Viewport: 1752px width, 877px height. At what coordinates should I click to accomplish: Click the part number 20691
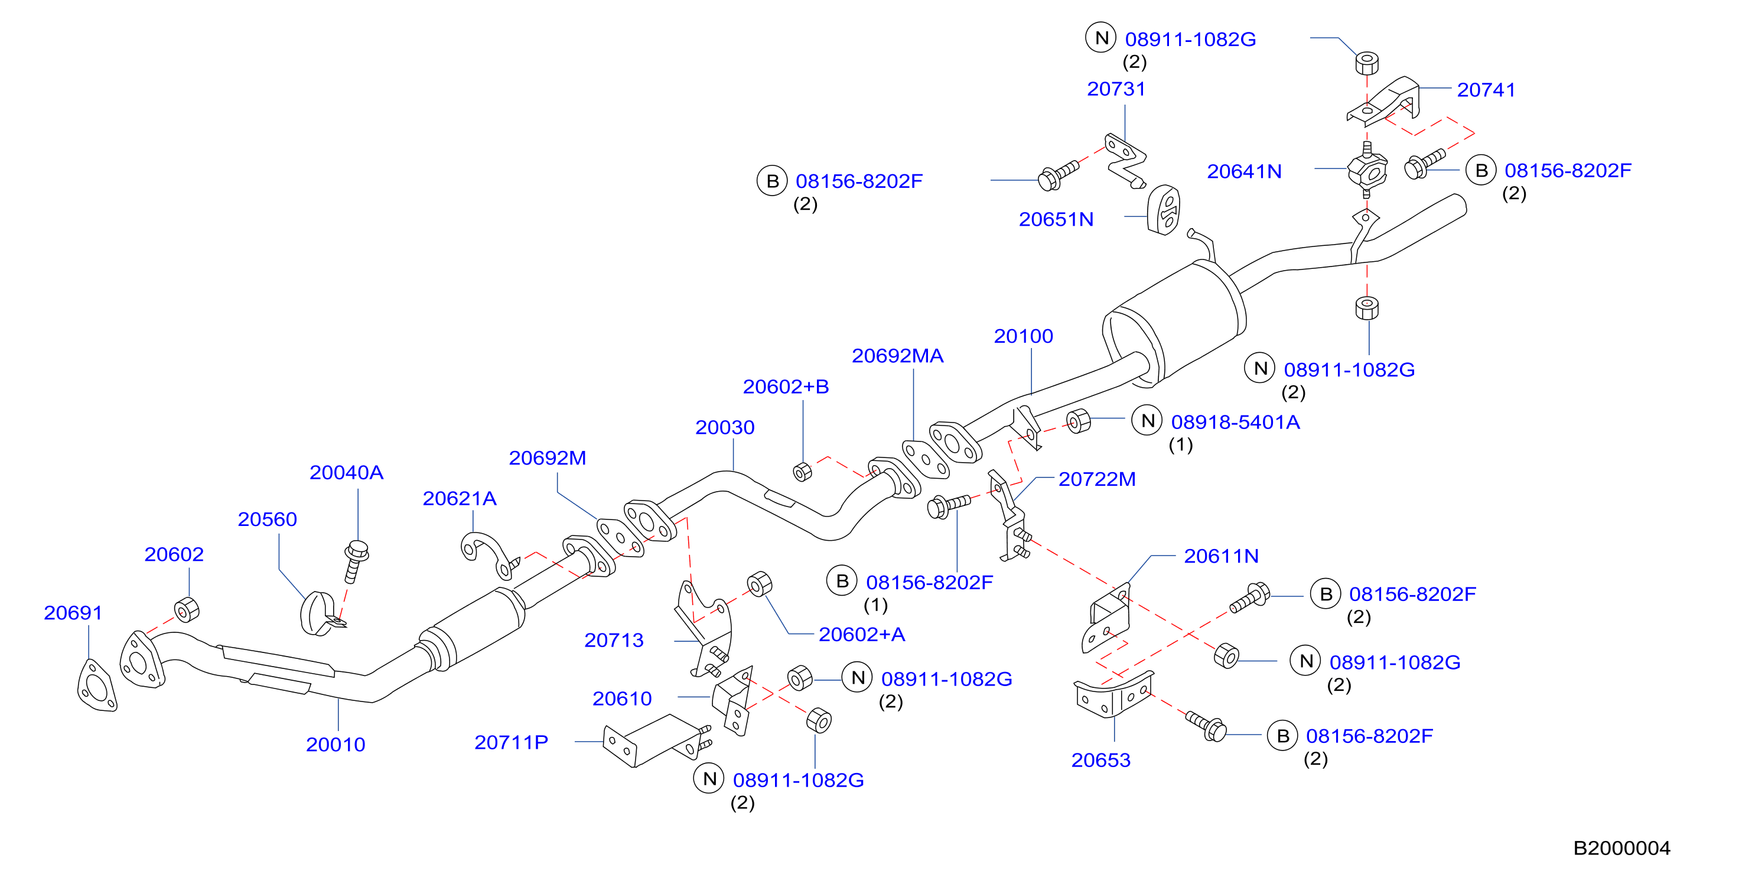pos(73,612)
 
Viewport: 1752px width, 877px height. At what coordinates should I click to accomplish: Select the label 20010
pos(336,745)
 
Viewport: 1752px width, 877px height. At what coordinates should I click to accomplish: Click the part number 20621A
pos(460,498)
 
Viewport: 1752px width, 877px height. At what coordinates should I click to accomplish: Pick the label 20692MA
pos(898,355)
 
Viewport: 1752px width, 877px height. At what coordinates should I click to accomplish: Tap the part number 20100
pos(1024,336)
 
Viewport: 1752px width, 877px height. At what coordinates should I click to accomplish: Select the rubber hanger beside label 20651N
pos(1164,210)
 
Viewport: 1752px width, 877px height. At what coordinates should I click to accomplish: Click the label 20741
pos(1486,89)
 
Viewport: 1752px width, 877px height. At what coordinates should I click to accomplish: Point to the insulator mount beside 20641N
pos(1367,170)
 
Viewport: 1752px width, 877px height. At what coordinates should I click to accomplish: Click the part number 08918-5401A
pos(1235,422)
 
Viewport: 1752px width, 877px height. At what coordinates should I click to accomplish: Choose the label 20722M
pos(1097,479)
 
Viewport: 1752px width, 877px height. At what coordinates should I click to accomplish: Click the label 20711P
pos(512,742)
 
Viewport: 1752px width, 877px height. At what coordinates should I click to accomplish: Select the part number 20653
pos(1101,759)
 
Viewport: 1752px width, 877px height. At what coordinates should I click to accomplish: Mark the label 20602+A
pos(862,634)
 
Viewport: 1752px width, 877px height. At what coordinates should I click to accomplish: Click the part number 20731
pos(1116,89)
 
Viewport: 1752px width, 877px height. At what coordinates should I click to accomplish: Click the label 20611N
pos(1222,556)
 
